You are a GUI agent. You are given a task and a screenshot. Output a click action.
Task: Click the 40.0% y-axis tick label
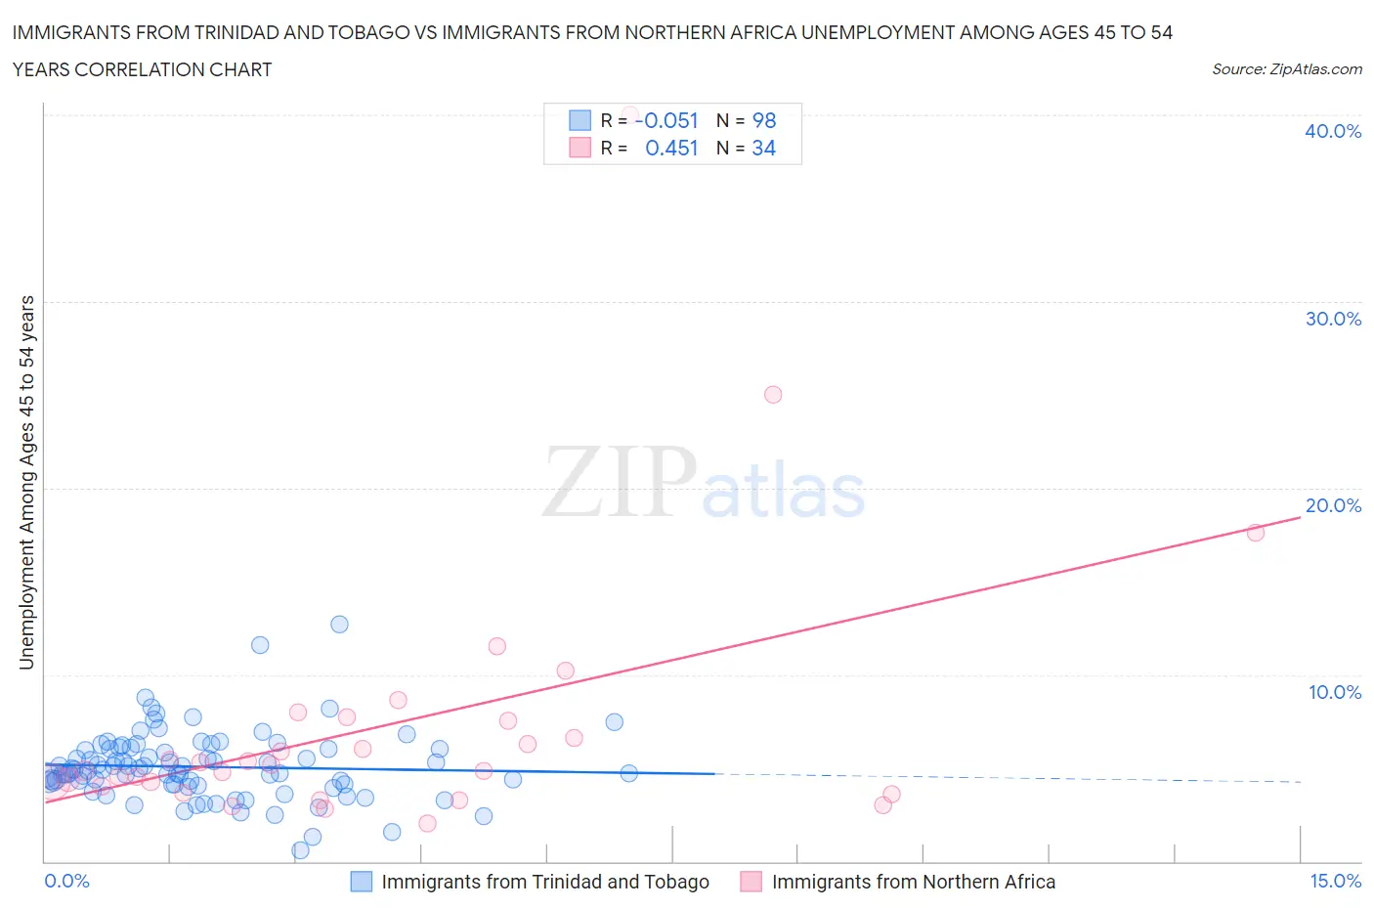[1333, 131]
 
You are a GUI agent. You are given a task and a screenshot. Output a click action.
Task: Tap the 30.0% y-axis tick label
[1333, 319]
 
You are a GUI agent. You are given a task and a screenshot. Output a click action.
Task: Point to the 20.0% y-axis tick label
[1333, 505]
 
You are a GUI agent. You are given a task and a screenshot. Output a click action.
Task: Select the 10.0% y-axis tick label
[1335, 692]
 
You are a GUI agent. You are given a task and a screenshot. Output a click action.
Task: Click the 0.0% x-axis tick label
[66, 881]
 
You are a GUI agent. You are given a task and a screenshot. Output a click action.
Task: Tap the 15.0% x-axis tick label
[1335, 881]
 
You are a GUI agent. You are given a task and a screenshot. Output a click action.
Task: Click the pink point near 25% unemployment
[773, 395]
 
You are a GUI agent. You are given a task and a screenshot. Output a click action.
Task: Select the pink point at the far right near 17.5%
[1256, 533]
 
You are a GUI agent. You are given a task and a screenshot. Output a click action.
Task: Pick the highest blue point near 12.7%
[339, 624]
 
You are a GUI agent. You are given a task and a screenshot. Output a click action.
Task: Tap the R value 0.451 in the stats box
[671, 148]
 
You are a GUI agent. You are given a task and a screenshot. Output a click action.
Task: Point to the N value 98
[764, 120]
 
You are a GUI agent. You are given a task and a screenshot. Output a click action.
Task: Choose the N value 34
[763, 148]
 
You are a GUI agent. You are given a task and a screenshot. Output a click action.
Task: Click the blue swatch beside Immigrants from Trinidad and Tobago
[362, 882]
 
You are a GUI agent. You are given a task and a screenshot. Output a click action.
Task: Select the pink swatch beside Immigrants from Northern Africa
[751, 882]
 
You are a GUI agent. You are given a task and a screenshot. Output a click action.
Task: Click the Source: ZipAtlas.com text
[1286, 68]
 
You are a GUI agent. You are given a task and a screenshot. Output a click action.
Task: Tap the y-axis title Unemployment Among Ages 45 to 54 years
[27, 482]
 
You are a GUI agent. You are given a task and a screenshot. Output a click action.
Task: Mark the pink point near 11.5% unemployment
[496, 646]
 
